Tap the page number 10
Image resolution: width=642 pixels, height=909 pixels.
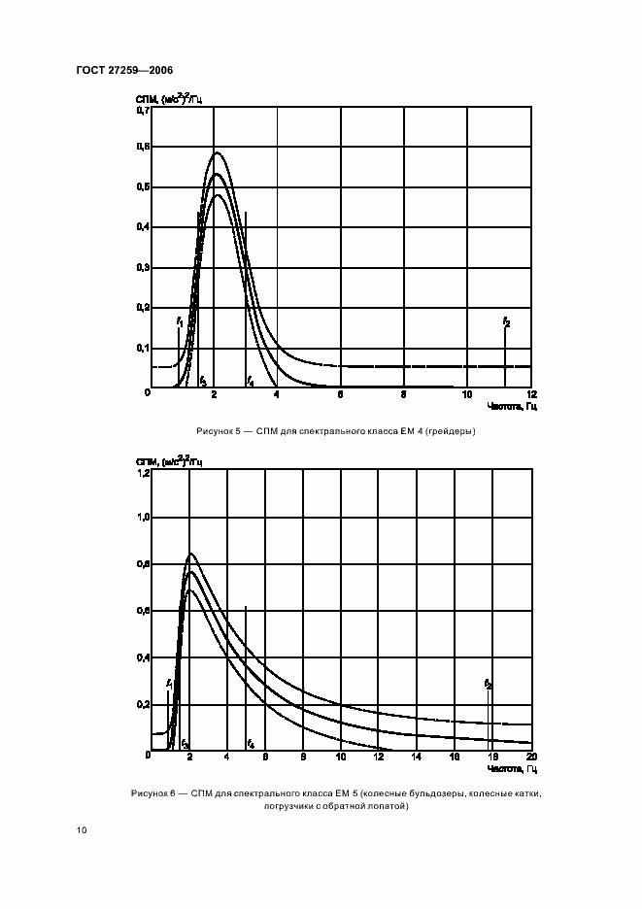82,830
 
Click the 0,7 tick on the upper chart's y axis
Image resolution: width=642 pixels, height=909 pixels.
143,111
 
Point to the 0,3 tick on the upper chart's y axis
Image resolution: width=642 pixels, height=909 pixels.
143,267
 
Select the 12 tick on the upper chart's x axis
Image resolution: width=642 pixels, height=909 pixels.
530,395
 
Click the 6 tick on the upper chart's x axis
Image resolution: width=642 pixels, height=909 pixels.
340,395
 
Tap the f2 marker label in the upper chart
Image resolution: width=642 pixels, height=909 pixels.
506,320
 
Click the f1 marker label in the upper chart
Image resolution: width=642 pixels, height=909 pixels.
179,320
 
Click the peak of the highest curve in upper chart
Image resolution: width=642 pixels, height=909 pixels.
216,151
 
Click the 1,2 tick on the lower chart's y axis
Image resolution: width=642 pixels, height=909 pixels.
143,473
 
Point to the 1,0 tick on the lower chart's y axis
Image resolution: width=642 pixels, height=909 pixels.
143,519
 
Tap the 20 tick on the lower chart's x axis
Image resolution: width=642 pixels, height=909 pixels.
530,757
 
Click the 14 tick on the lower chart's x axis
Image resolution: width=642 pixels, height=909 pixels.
417,757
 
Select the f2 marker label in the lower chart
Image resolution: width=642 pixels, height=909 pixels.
489,685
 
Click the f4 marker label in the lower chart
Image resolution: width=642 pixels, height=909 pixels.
251,744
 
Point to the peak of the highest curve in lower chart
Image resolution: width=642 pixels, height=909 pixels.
189,554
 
